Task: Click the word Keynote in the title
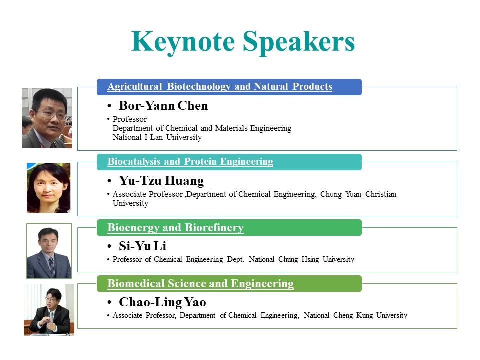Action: click(183, 42)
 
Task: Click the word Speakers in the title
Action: click(299, 42)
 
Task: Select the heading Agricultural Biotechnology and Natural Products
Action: click(220, 86)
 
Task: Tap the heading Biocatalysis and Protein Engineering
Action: click(190, 161)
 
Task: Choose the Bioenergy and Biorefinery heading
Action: click(175, 228)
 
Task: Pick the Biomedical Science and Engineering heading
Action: click(200, 284)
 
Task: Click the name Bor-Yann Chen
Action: click(163, 106)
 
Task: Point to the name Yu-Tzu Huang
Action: click(161, 181)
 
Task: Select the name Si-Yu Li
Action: click(142, 246)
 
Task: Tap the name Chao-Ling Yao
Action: click(162, 302)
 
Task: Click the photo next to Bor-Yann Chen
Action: click(47, 118)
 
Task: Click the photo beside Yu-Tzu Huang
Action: click(48, 188)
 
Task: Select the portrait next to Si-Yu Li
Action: click(49, 251)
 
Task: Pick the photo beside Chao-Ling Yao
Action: click(49, 310)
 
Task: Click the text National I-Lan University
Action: click(157, 137)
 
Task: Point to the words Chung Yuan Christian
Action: click(358, 194)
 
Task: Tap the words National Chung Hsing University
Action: click(301, 259)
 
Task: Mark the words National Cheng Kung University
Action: click(355, 315)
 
